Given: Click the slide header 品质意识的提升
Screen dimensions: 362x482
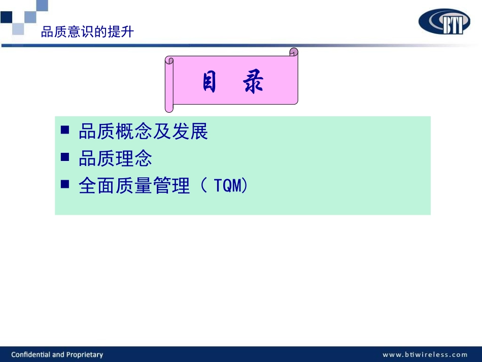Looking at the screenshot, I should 87,32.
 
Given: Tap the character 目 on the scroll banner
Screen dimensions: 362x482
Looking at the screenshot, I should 209,83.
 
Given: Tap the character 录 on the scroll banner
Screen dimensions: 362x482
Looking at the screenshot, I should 254,83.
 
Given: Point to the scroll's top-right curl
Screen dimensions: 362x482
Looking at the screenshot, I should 293,52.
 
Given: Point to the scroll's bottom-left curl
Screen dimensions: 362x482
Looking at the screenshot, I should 169,107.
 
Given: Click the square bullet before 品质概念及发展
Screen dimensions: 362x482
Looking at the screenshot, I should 65,130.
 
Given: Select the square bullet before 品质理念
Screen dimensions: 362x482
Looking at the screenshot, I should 65,157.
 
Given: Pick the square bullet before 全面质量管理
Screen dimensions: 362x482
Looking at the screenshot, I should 65,184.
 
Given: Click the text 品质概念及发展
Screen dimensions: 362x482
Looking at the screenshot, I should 143,132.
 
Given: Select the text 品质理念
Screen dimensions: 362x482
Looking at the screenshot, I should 115,159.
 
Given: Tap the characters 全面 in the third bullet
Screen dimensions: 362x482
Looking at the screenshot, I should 96,186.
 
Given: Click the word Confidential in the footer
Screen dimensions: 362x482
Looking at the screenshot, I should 33,354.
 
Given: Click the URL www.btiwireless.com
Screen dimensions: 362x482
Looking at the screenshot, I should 425,354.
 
